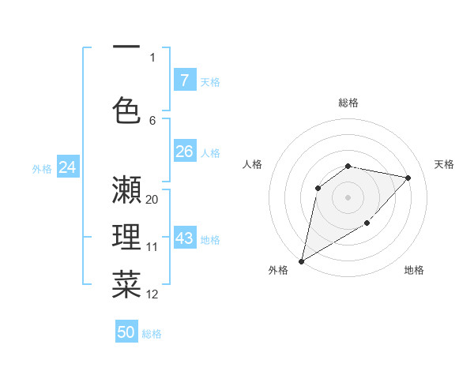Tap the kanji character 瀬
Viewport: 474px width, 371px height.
tap(126, 191)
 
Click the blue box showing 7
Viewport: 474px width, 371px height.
tap(184, 81)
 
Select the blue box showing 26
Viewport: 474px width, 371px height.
tap(184, 152)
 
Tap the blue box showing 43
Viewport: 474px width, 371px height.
tap(184, 238)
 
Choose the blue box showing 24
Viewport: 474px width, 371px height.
tap(67, 167)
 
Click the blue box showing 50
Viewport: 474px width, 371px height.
tap(126, 332)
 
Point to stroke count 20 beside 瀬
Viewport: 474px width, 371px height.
tap(152, 200)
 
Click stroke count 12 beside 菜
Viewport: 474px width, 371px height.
tap(152, 294)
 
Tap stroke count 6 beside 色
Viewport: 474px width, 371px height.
tap(152, 120)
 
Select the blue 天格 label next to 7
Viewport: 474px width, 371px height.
tap(210, 81)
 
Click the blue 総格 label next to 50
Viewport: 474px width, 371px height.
tap(152, 334)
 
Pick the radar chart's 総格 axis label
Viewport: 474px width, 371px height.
tap(348, 103)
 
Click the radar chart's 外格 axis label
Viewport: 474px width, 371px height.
tap(278, 270)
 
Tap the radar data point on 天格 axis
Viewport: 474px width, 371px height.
tap(408, 178)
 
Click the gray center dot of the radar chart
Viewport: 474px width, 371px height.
tap(348, 197)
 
